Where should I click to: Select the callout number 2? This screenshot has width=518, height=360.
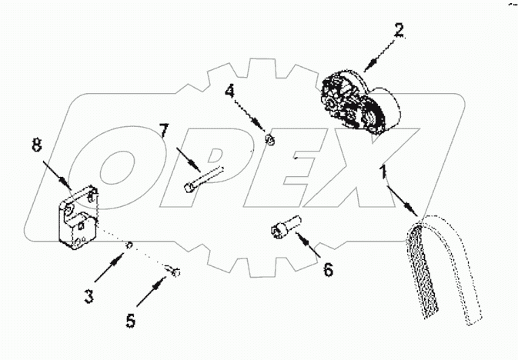[399, 31]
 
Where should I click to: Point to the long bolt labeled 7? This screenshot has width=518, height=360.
[203, 177]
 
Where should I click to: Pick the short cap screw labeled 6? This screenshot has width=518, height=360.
[282, 228]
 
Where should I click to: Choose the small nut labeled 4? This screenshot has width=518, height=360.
[269, 139]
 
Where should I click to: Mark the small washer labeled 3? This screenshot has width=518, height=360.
[130, 245]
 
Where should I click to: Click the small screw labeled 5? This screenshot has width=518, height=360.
[174, 269]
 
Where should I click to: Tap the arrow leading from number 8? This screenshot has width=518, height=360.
[57, 172]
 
